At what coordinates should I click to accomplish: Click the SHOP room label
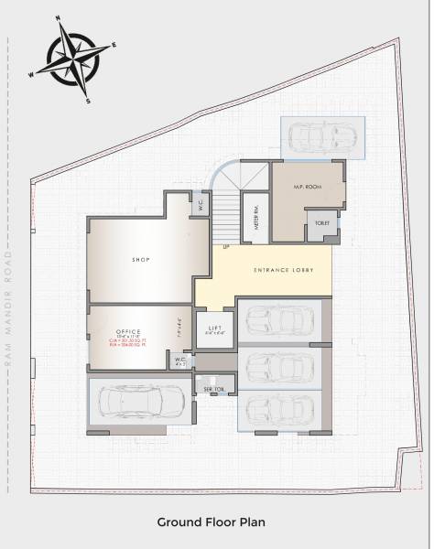click(x=140, y=260)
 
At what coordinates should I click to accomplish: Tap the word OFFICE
click(x=127, y=330)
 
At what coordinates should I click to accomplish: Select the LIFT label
click(x=215, y=328)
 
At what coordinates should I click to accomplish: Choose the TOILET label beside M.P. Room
click(x=321, y=222)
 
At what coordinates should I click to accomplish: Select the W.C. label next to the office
click(x=181, y=361)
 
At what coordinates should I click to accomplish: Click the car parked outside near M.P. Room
click(x=322, y=138)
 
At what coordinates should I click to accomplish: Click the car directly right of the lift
click(x=279, y=321)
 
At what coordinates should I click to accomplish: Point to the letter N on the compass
click(x=59, y=17)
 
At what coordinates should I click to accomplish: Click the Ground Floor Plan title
click(x=211, y=522)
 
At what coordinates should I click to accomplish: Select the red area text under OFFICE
click(x=128, y=344)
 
